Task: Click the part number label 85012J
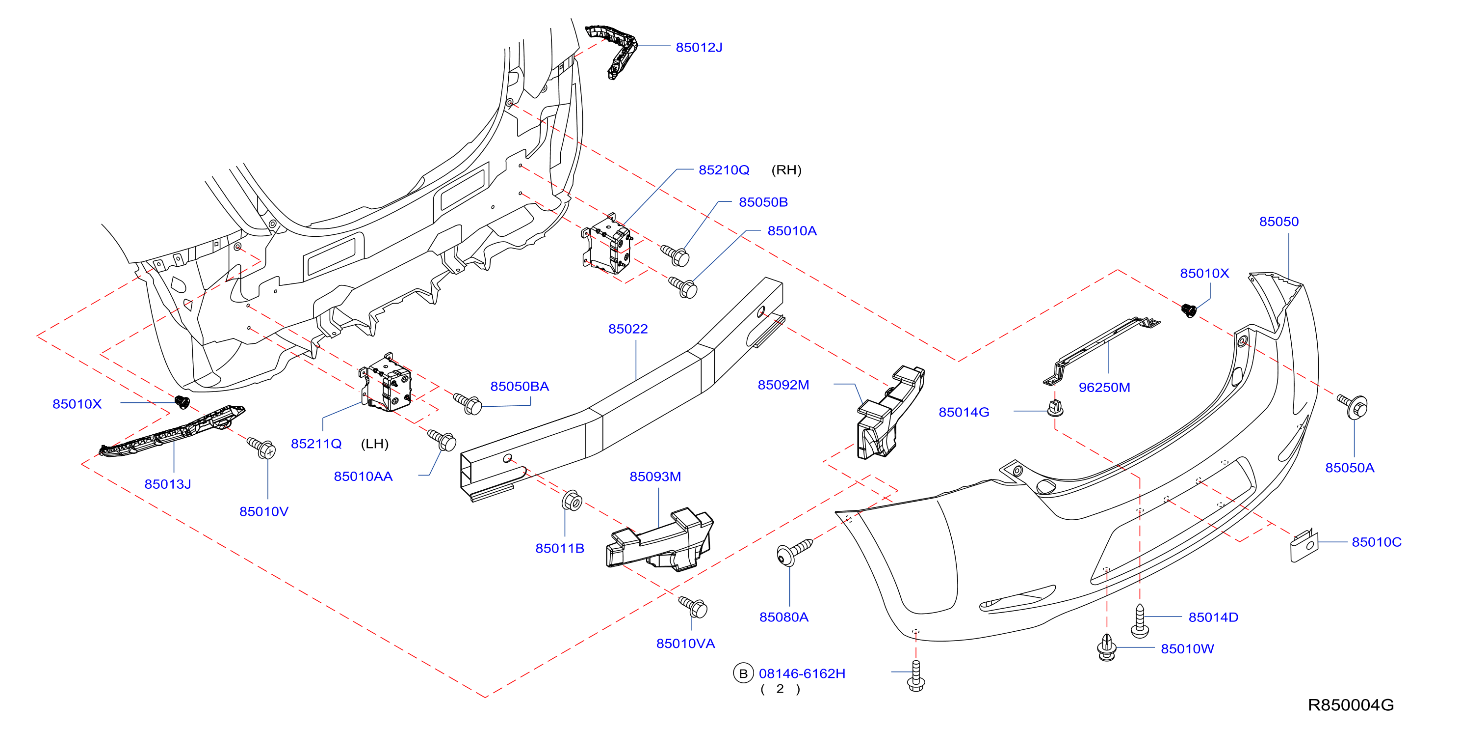[x=699, y=47]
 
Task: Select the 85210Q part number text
[x=724, y=169]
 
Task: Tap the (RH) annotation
[x=786, y=169]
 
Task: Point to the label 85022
[x=628, y=329]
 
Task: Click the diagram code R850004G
[x=1351, y=704]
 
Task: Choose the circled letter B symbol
[x=743, y=673]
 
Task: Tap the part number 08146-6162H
[x=802, y=673]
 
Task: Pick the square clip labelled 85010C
[x=1304, y=546]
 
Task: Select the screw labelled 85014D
[x=1140, y=620]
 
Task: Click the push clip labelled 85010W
[x=1107, y=647]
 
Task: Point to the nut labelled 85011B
[x=572, y=501]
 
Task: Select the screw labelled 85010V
[x=261, y=448]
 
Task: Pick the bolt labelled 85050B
[x=675, y=255]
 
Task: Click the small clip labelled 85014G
[x=1055, y=408]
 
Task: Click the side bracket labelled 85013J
[x=172, y=431]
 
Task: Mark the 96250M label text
[x=1104, y=388]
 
